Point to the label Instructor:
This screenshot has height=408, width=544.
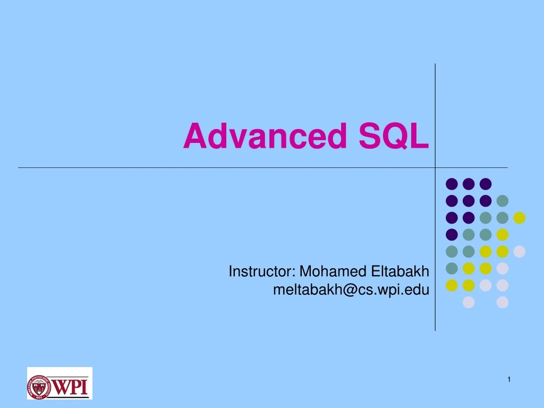[x=262, y=272]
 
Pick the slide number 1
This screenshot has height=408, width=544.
[x=508, y=379]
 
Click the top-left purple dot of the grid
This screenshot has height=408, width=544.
[x=452, y=184]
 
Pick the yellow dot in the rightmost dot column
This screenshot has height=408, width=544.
[x=519, y=217]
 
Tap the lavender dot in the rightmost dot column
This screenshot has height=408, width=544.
[x=519, y=251]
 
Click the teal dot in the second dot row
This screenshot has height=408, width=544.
[x=502, y=201]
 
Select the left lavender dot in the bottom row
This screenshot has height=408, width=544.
[x=469, y=302]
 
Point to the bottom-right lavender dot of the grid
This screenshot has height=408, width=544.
[x=502, y=302]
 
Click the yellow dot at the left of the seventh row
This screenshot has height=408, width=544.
[x=452, y=285]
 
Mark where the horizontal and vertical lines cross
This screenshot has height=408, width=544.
[x=435, y=167]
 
